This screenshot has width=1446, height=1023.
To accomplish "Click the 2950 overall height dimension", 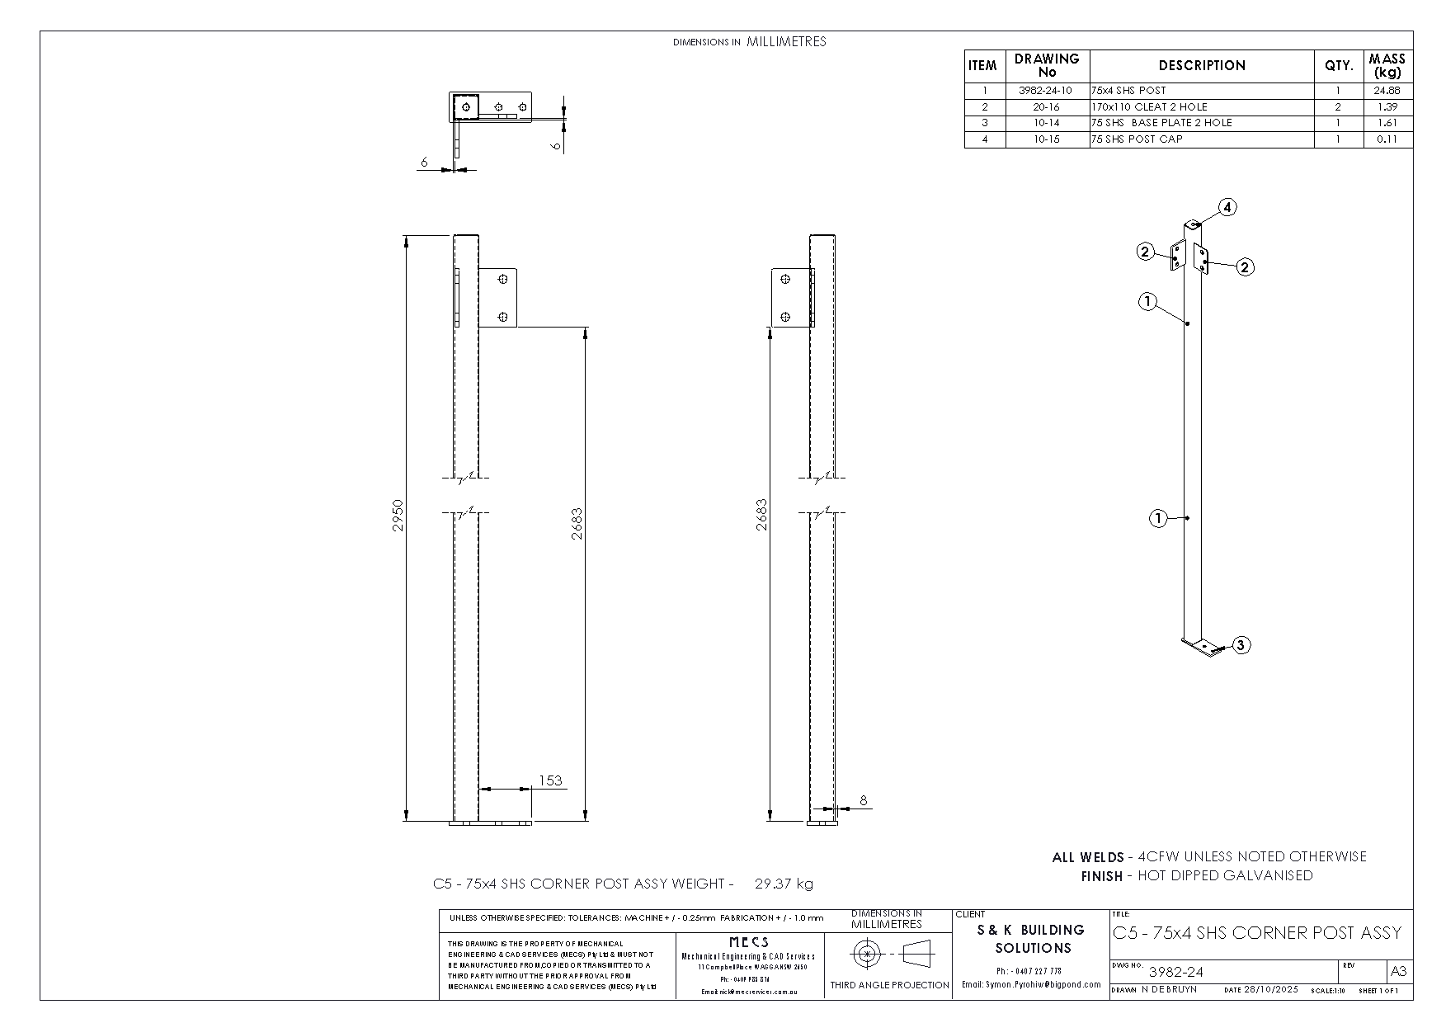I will click(x=398, y=514).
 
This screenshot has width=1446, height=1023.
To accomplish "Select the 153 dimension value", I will click(x=549, y=780).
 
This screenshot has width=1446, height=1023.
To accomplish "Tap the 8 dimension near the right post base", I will click(x=864, y=799).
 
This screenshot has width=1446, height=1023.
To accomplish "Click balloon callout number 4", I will click(x=1227, y=207).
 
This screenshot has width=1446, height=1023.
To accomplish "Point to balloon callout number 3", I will click(x=1241, y=645).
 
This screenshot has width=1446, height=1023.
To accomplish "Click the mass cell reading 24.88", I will click(x=1387, y=91).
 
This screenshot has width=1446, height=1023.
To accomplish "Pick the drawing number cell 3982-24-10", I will click(x=1046, y=91).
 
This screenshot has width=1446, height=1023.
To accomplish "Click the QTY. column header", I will click(x=1338, y=66).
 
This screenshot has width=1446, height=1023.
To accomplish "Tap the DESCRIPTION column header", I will click(x=1202, y=66).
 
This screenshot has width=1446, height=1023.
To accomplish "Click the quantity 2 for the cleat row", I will click(x=1338, y=106).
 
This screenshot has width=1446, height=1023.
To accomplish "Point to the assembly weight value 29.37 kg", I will click(x=784, y=884).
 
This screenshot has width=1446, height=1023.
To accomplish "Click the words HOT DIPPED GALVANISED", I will click(x=1225, y=875).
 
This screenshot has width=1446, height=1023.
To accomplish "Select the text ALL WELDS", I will click(x=1087, y=857).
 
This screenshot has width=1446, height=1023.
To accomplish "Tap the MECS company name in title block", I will click(x=749, y=941).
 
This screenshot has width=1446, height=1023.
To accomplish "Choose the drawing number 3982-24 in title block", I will click(x=1175, y=972).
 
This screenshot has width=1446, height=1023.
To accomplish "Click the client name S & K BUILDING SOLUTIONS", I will click(x=1032, y=939).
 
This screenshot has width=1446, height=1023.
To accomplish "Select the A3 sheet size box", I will click(x=1399, y=971).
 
